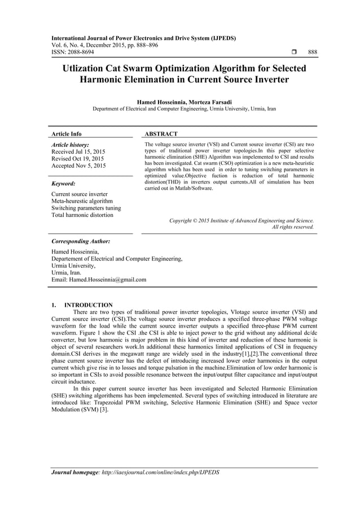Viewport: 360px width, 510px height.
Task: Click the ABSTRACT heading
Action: point(161,134)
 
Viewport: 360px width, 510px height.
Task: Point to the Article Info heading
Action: point(67,134)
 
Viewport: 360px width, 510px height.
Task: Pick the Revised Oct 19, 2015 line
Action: point(77,159)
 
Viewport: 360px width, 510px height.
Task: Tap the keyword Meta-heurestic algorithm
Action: point(82,201)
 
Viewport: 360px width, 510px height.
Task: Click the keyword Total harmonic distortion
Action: point(82,215)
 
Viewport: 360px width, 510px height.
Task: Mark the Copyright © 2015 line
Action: point(242,220)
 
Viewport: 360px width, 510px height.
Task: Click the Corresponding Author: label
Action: point(80,241)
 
